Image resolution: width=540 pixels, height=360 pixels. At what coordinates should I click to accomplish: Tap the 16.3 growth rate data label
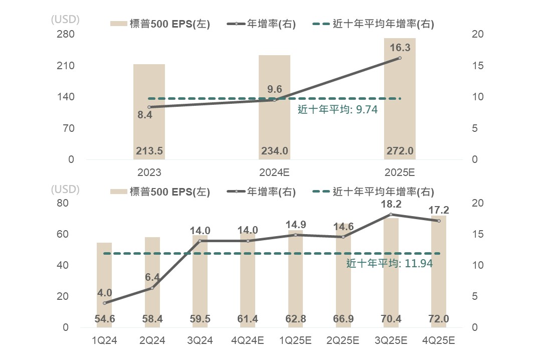[400, 48]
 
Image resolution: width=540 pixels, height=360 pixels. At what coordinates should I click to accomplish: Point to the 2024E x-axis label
[274, 172]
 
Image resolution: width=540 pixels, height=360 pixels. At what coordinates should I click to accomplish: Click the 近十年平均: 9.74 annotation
[337, 110]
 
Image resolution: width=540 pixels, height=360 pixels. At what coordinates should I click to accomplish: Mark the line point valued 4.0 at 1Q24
[104, 303]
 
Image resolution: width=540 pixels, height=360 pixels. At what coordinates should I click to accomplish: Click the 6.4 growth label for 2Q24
[152, 277]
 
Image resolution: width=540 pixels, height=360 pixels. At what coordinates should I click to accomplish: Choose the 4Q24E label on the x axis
[248, 341]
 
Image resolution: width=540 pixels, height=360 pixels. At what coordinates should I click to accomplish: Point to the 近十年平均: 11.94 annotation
[390, 263]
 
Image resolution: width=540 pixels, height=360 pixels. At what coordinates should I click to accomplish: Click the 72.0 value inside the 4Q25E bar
[439, 319]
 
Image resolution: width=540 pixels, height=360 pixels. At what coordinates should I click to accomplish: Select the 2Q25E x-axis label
[343, 341]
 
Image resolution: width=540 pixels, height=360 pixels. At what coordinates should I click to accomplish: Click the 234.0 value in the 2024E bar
[274, 151]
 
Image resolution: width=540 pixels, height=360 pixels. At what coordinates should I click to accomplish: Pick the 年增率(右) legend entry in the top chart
[261, 24]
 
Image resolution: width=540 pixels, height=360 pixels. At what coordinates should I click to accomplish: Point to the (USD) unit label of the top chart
[65, 20]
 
